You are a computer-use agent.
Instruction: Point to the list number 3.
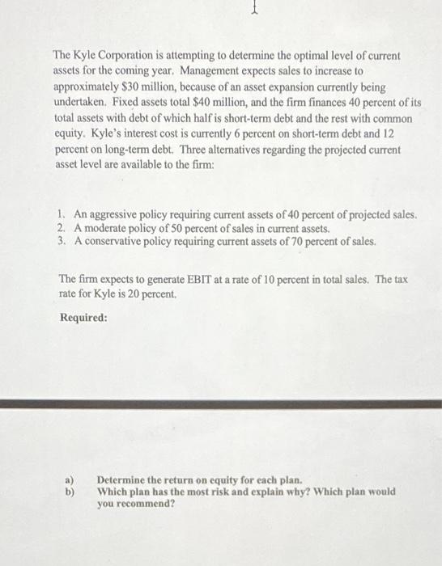point(62,241)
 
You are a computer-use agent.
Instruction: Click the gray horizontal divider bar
point(221,403)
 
